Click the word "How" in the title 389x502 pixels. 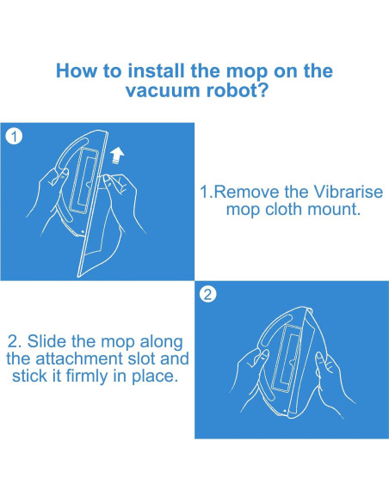76,70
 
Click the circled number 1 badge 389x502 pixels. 14,137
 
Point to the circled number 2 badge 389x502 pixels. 207,294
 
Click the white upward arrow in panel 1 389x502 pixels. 117,156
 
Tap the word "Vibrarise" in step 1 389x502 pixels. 348,192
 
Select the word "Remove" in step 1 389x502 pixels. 246,192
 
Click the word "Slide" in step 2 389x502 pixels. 47,341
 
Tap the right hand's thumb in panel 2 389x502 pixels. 321,363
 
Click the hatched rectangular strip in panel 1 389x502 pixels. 83,180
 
